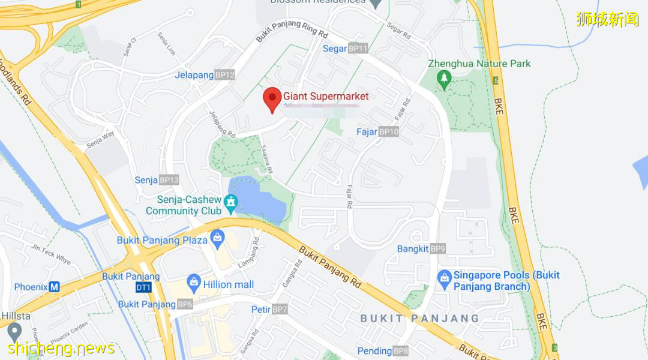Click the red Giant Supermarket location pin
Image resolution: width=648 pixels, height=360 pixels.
pos(272,99)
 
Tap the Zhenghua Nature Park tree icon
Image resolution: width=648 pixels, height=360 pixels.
pos(444,79)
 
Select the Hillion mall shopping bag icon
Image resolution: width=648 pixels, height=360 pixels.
pos(194,281)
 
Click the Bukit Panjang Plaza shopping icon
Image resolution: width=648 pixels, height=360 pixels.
pos(217,239)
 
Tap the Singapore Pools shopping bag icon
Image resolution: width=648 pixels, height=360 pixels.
pos(444,277)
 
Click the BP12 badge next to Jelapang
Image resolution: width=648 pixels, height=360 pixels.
pos(225,75)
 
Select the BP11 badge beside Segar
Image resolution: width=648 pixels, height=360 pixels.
pos(358,49)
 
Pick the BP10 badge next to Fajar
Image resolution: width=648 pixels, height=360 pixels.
pos(389,132)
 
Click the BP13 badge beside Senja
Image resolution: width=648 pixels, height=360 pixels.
pos(169,180)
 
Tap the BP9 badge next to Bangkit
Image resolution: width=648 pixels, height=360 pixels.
pos(438,248)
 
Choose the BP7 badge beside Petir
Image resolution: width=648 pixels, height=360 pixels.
pos(280,310)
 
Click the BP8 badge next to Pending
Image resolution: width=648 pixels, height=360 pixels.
pos(401,351)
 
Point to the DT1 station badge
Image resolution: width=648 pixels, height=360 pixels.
pos(143,287)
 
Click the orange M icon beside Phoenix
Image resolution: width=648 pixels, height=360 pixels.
pos(55,287)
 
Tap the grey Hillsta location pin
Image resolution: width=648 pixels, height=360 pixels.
pos(14,330)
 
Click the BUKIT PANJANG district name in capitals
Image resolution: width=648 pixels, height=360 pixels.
pos(420,319)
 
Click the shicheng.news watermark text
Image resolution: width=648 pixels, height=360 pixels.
pos(62,349)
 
